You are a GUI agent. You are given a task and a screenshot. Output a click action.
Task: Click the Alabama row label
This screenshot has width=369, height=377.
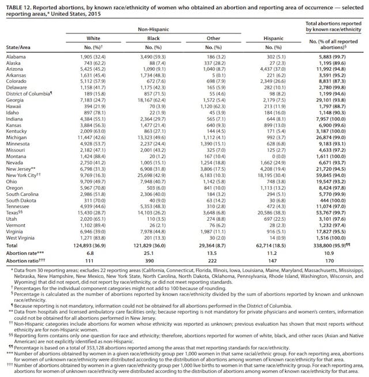click(15, 57)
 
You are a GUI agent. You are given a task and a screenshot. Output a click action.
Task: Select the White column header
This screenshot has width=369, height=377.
click(93, 37)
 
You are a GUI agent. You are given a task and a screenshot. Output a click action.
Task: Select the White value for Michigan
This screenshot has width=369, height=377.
click(93, 138)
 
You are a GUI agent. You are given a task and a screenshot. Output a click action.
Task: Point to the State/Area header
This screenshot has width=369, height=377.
click(18, 48)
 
